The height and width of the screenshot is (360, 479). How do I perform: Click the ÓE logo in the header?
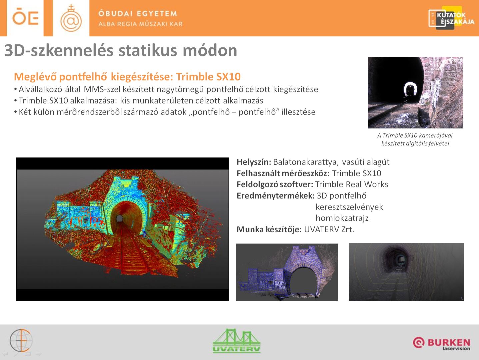(25, 17)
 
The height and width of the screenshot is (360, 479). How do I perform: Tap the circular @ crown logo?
(71, 18)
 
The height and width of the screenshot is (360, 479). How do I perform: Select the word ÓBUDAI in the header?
(115, 14)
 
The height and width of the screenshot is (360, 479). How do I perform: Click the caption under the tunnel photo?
(415, 139)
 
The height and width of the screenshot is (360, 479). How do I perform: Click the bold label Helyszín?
(254, 162)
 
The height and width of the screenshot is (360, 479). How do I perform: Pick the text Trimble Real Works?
(352, 185)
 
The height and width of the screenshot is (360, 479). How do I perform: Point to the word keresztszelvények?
(349, 207)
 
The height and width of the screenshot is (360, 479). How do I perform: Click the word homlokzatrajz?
(342, 218)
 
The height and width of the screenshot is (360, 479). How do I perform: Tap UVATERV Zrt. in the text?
(329, 229)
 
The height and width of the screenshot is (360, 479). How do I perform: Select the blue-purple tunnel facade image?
(287, 272)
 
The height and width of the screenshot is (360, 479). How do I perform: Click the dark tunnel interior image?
(406, 272)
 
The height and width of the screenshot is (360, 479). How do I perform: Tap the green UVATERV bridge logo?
(237, 341)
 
